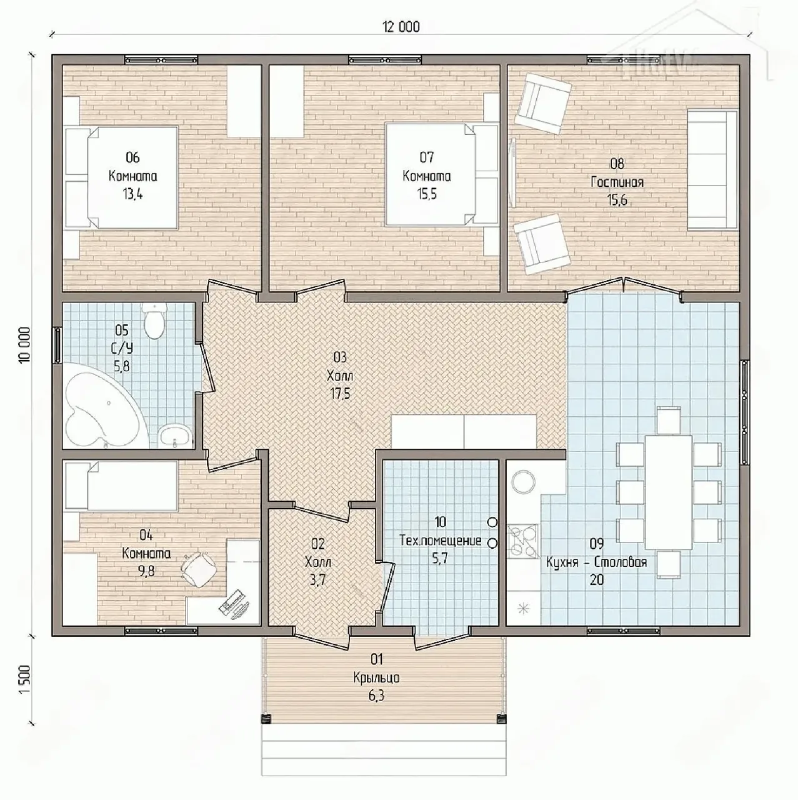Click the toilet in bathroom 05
click(x=154, y=319)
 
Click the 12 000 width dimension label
click(x=401, y=27)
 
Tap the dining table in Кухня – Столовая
click(x=669, y=492)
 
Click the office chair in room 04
click(x=199, y=568)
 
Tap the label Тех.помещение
click(x=440, y=540)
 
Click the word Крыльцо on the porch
click(x=377, y=677)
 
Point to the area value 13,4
click(x=132, y=194)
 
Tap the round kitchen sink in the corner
click(x=524, y=482)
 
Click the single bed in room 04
click(x=121, y=486)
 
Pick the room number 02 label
click(x=318, y=543)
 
